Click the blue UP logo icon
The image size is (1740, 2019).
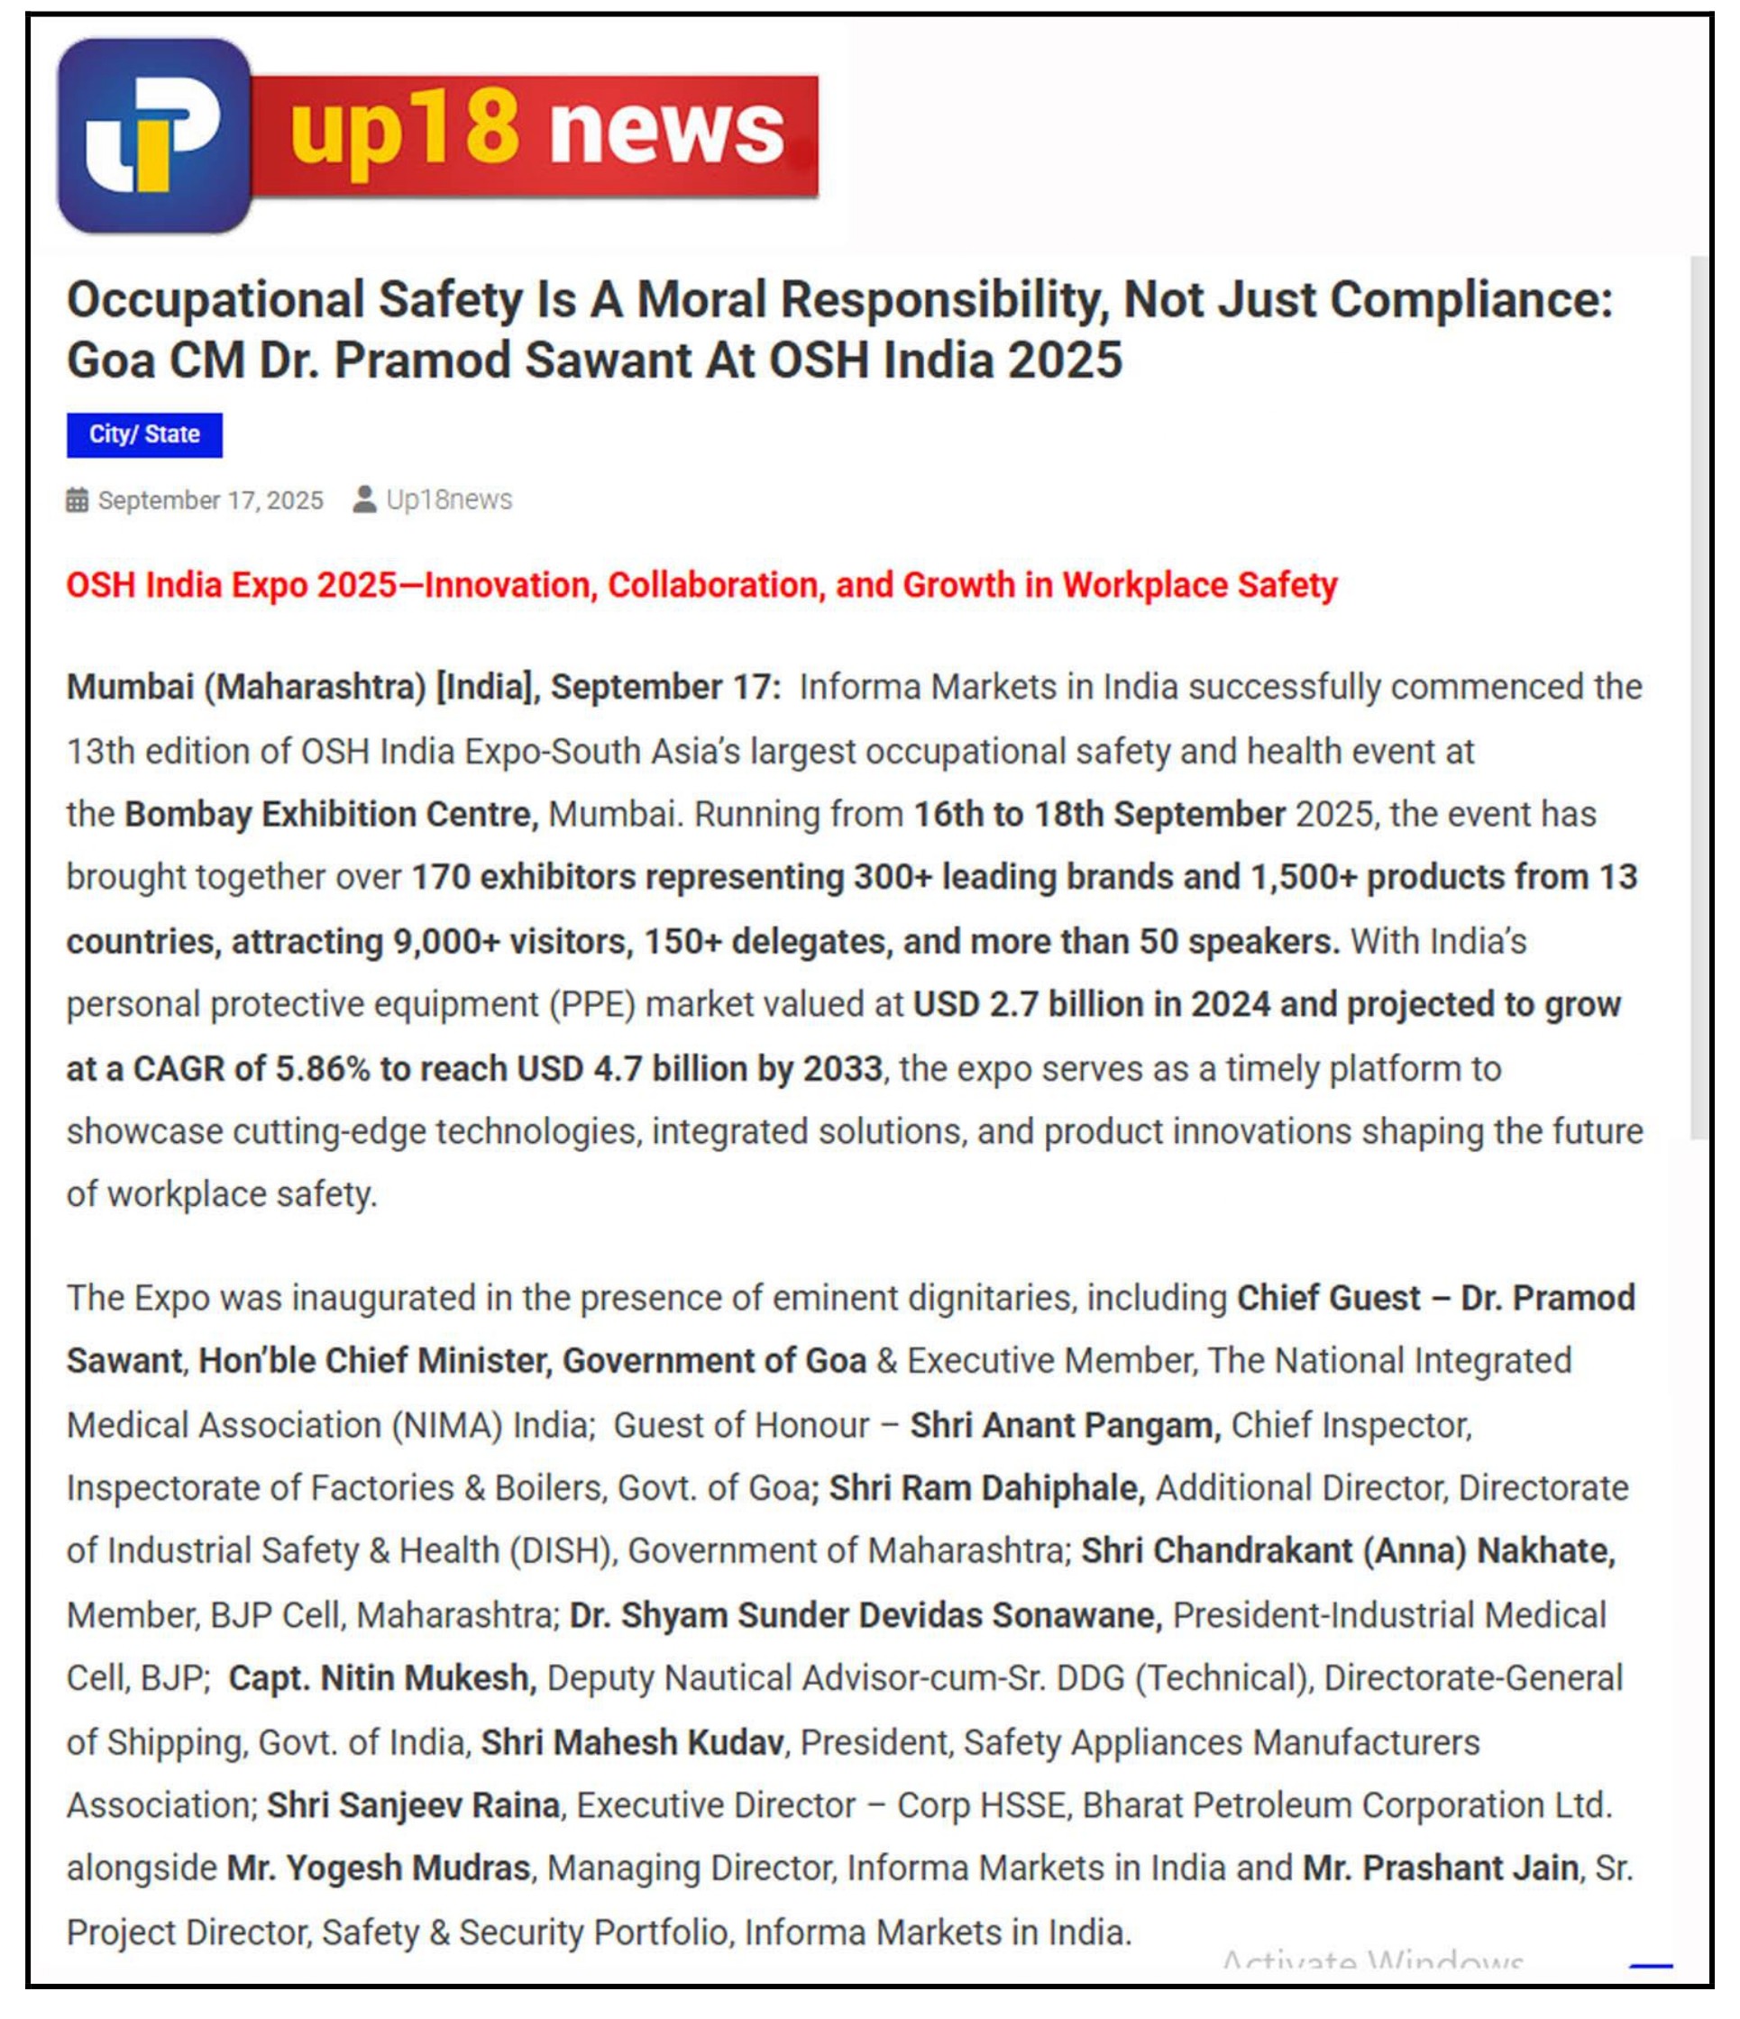point(154,135)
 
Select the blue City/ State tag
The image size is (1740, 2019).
point(144,434)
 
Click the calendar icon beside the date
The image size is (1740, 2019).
point(77,501)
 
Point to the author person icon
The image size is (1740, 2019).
point(364,500)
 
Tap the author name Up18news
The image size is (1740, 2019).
point(449,500)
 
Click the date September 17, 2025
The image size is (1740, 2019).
point(211,501)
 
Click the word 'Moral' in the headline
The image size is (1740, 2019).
point(701,299)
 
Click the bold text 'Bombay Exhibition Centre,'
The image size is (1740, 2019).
point(332,815)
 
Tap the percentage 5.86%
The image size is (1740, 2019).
point(323,1069)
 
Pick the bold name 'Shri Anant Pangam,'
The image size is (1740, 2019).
point(1066,1426)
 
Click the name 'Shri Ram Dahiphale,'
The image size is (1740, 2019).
point(986,1489)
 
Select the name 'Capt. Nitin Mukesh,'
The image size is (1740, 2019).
point(382,1679)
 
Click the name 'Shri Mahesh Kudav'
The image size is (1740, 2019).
point(633,1742)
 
